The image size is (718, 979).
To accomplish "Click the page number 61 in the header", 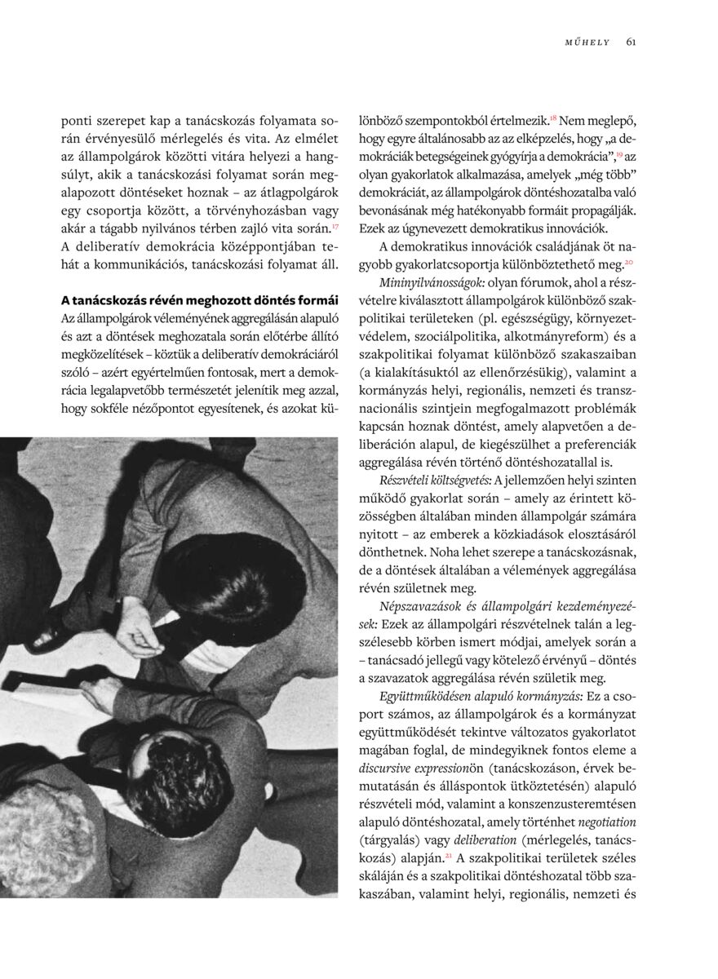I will coord(632,42).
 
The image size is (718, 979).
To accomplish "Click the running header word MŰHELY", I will coord(587,42).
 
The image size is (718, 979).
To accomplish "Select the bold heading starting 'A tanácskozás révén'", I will coord(199,296).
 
